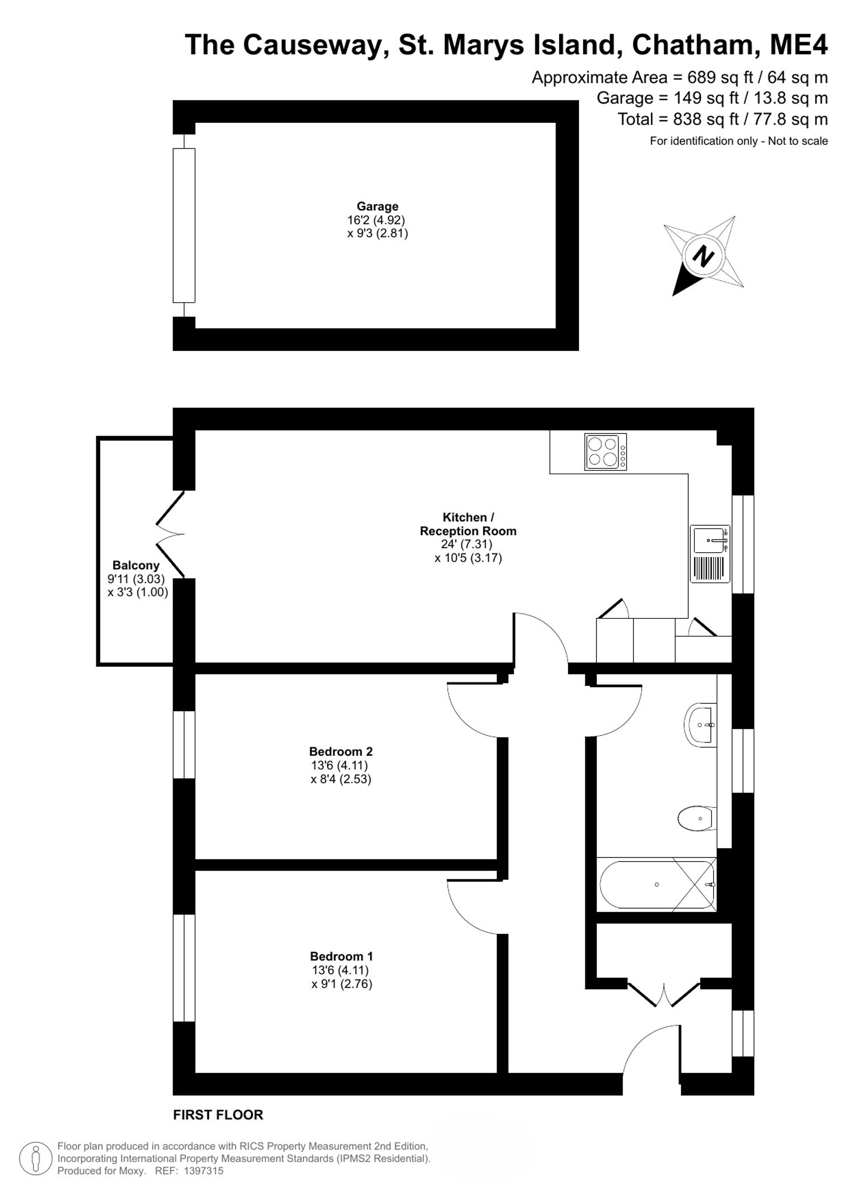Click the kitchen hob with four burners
pyautogui.click(x=606, y=452)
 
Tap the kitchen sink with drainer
pyautogui.click(x=710, y=554)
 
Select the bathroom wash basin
pyautogui.click(x=700, y=725)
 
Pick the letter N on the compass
pyautogui.click(x=703, y=257)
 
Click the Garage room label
pyautogui.click(x=377, y=206)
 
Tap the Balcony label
pyautogui.click(x=136, y=565)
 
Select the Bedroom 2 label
pyautogui.click(x=341, y=752)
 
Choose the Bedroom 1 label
pyautogui.click(x=341, y=956)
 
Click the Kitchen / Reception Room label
pyautogui.click(x=468, y=524)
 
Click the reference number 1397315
pyautogui.click(x=203, y=1171)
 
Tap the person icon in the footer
pyautogui.click(x=36, y=1159)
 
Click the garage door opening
pyautogui.click(x=184, y=226)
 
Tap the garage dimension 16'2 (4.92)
pyautogui.click(x=376, y=220)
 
